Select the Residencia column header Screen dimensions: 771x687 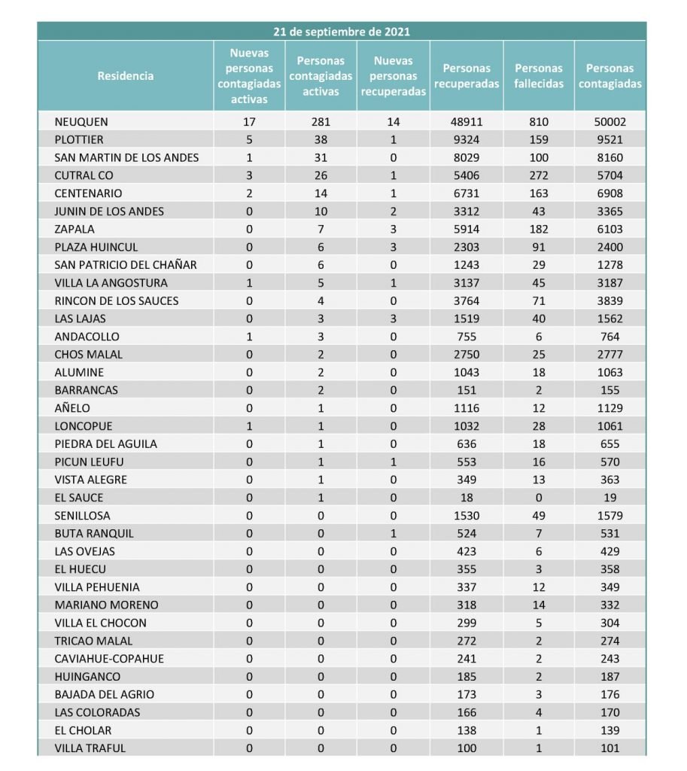pyautogui.click(x=126, y=75)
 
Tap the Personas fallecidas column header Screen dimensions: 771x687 pyautogui.click(x=539, y=76)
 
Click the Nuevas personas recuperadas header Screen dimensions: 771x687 pyautogui.click(x=394, y=76)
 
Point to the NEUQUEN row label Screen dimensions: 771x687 pyautogui.click(x=81, y=121)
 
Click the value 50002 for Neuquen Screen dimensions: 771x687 pyautogui.click(x=609, y=121)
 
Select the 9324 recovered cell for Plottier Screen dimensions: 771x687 pyautogui.click(x=467, y=139)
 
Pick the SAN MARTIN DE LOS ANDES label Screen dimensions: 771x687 pyautogui.click(x=126, y=157)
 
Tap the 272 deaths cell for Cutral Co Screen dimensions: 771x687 pyautogui.click(x=539, y=175)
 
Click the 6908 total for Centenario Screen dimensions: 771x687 pyautogui.click(x=609, y=194)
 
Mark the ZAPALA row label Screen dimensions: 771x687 pyautogui.click(x=74, y=229)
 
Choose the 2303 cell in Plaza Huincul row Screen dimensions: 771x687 pyautogui.click(x=467, y=247)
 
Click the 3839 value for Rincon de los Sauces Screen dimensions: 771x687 pyautogui.click(x=609, y=300)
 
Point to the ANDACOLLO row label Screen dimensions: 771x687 pyautogui.click(x=87, y=337)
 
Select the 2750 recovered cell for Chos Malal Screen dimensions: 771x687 pyautogui.click(x=467, y=355)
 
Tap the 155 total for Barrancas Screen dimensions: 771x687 pyautogui.click(x=609, y=390)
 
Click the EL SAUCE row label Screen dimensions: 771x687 pyautogui.click(x=79, y=498)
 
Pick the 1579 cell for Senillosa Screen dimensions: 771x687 pyautogui.click(x=609, y=516)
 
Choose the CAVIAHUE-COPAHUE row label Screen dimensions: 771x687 pyautogui.click(x=109, y=659)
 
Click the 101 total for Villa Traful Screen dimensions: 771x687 pyautogui.click(x=609, y=748)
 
